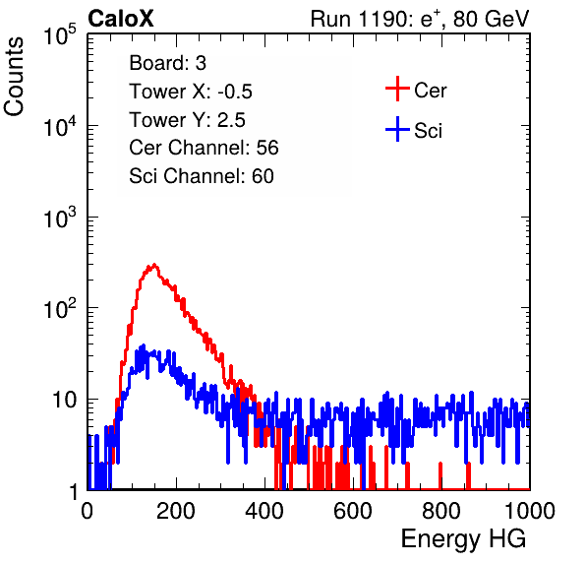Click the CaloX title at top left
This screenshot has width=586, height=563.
[x=121, y=19]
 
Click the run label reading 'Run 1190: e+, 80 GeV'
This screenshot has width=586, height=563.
[x=420, y=19]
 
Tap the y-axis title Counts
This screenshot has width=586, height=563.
[x=14, y=77]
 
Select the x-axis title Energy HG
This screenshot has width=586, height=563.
[x=463, y=539]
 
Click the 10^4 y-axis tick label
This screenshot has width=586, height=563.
[x=60, y=126]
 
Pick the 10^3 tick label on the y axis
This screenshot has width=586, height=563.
[x=60, y=218]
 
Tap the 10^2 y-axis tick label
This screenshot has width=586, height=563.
[x=60, y=309]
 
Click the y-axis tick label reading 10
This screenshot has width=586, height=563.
[x=64, y=400]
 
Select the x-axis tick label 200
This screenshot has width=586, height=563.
[x=176, y=511]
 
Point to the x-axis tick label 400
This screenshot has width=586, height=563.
[x=264, y=511]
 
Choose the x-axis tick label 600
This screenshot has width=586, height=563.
[x=353, y=511]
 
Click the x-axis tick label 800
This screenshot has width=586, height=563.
[x=441, y=511]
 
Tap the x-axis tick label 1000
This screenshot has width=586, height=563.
[x=530, y=511]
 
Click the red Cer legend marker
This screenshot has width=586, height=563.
[x=397, y=89]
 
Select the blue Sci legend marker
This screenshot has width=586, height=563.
[x=397, y=130]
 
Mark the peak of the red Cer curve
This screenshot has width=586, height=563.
[x=153, y=265]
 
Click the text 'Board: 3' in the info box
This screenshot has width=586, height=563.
[x=167, y=63]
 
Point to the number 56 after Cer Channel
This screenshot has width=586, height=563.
[x=267, y=148]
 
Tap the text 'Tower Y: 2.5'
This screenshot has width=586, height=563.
[x=187, y=120]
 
